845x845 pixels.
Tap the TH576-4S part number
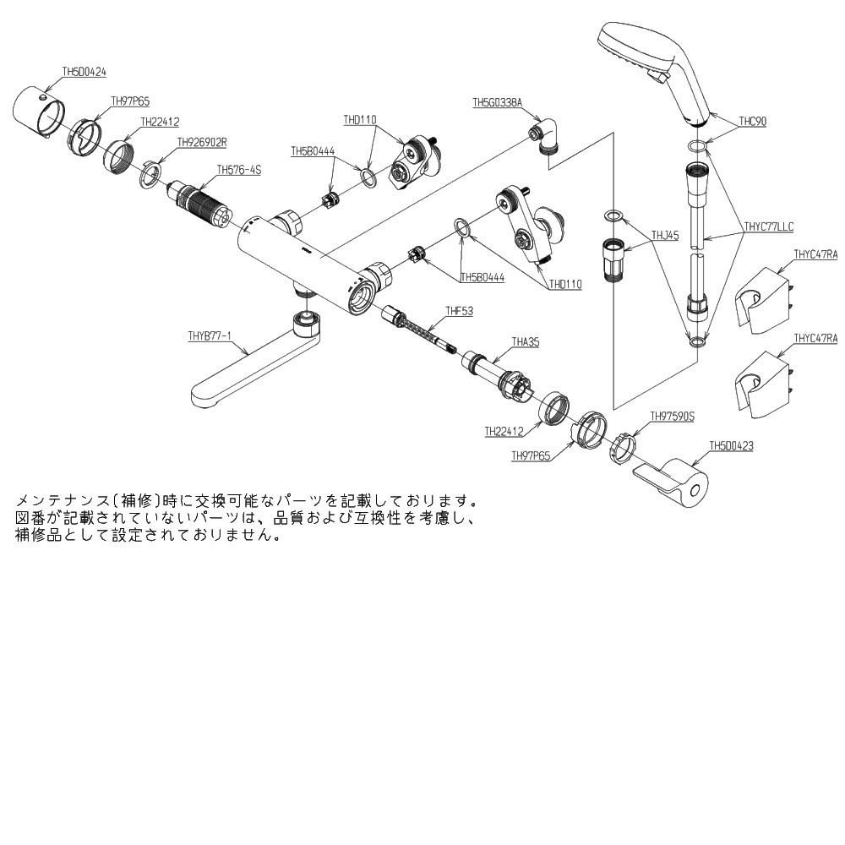point(239,170)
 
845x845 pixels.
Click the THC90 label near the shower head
point(752,122)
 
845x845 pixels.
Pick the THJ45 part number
point(665,237)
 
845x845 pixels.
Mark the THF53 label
point(459,312)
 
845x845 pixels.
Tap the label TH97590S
point(672,417)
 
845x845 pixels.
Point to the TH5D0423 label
point(731,445)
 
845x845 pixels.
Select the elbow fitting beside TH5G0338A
point(546,135)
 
